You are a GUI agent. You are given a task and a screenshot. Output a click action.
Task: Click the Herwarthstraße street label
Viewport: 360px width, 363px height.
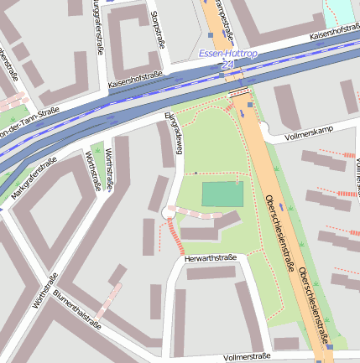[x=211, y=257]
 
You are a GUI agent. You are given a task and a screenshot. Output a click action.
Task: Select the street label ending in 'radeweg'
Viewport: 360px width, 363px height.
[x=174, y=132]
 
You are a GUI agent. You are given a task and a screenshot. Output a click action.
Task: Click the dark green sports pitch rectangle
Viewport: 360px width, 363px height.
[x=222, y=194]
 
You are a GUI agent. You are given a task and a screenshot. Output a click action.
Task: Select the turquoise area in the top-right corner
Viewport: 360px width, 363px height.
[x=344, y=10]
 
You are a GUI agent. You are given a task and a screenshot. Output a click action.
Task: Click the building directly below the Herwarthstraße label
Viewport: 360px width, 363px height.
[x=211, y=272]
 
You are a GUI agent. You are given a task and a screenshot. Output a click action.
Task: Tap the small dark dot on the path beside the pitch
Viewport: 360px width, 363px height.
[x=196, y=173]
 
